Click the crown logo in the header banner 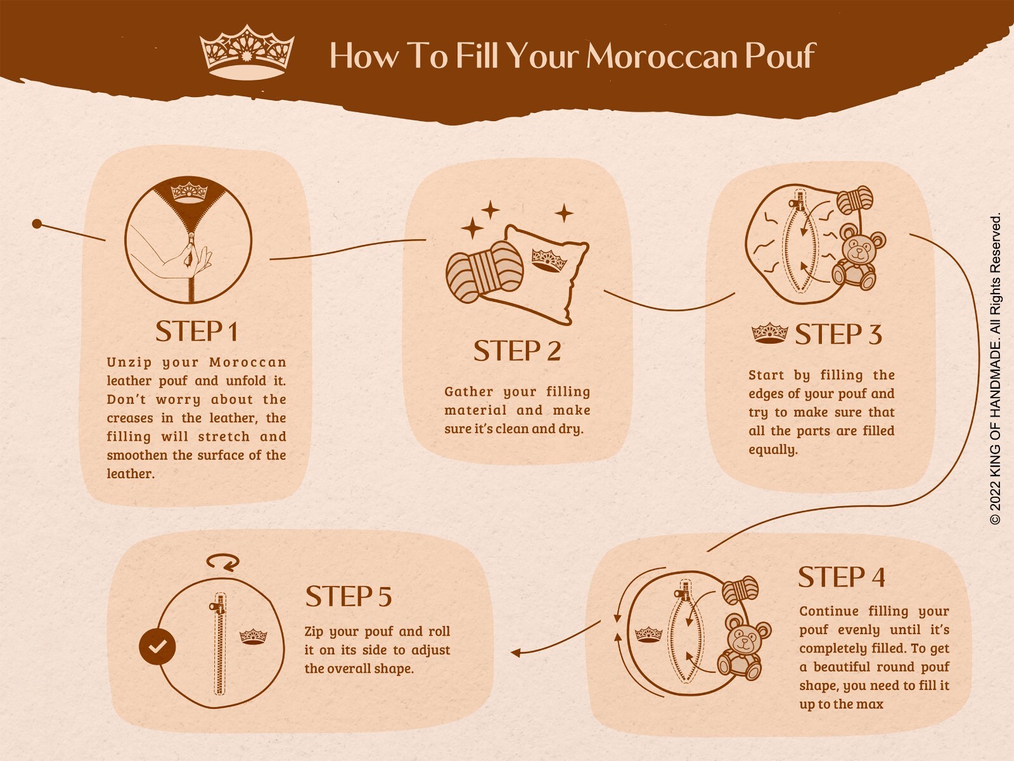click(247, 52)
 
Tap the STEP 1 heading click(197, 331)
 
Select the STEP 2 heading click(517, 351)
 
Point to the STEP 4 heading click(841, 577)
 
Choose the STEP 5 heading click(349, 596)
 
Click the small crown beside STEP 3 click(769, 333)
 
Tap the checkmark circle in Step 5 click(157, 646)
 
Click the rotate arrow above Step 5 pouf click(222, 562)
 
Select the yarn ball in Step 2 click(484, 271)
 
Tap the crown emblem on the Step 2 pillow click(549, 260)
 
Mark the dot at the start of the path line click(37, 224)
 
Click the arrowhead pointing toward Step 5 click(515, 653)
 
